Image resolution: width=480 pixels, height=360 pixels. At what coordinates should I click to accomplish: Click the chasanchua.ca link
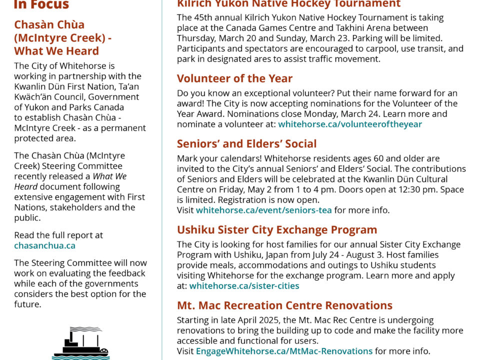44,245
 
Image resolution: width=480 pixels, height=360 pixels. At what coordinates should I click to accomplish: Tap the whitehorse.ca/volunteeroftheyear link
349,124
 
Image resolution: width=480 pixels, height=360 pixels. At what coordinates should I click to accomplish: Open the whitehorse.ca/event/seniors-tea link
263,210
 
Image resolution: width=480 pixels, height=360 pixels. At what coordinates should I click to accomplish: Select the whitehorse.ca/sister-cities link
244,286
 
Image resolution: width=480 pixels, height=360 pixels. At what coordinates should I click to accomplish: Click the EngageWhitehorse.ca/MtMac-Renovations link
284,351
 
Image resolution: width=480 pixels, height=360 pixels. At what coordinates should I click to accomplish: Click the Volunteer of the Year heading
234,78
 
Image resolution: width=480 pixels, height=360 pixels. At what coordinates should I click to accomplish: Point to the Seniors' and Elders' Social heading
246,144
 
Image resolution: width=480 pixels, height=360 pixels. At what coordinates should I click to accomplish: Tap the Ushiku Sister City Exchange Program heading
277,230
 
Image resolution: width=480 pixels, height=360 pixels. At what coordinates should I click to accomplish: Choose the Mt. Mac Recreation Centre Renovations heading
284,305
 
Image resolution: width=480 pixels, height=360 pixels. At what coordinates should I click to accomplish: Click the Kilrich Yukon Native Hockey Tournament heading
288,4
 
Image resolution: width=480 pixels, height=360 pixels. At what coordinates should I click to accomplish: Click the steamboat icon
80,343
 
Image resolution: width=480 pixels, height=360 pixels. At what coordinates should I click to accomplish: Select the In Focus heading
41,5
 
